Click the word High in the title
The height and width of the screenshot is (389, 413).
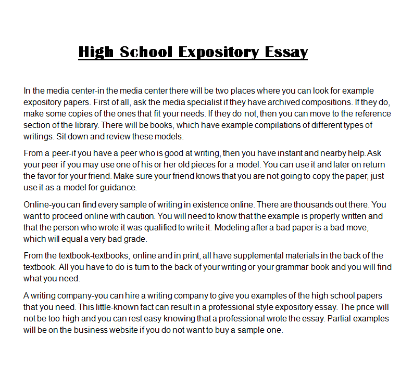click(x=96, y=52)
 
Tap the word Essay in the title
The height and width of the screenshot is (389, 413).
click(x=286, y=52)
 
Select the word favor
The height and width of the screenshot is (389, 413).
click(x=48, y=176)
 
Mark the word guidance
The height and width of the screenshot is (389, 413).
click(x=120, y=187)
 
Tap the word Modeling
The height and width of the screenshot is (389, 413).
click(x=232, y=227)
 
